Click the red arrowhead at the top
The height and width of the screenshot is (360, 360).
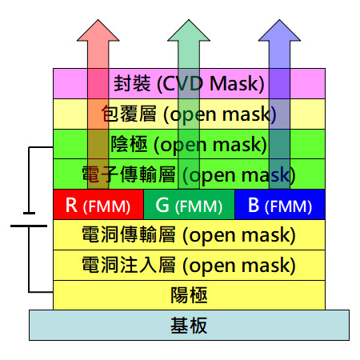98,31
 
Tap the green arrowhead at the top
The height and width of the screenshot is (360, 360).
189,31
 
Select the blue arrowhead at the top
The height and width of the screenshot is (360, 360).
279,31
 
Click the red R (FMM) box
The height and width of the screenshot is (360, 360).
98,205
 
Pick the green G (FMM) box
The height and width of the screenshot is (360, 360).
189,205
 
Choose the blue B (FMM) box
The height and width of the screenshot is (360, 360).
280,205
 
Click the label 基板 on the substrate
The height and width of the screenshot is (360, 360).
189,326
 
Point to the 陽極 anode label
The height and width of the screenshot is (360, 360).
189,295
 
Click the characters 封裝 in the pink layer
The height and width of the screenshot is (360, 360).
132,83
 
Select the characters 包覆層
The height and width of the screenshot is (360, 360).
129,114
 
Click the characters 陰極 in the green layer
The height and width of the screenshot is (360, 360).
129,144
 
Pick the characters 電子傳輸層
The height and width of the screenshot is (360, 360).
129,174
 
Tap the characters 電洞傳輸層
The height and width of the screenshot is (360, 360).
129,234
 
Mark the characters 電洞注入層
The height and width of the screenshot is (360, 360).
129,265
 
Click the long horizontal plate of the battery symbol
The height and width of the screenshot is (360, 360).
29,226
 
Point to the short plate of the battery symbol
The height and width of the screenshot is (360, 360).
29,213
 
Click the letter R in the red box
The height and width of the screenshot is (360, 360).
71,205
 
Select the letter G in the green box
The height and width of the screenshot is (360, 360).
162,205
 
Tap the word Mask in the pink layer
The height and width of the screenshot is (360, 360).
234,84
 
